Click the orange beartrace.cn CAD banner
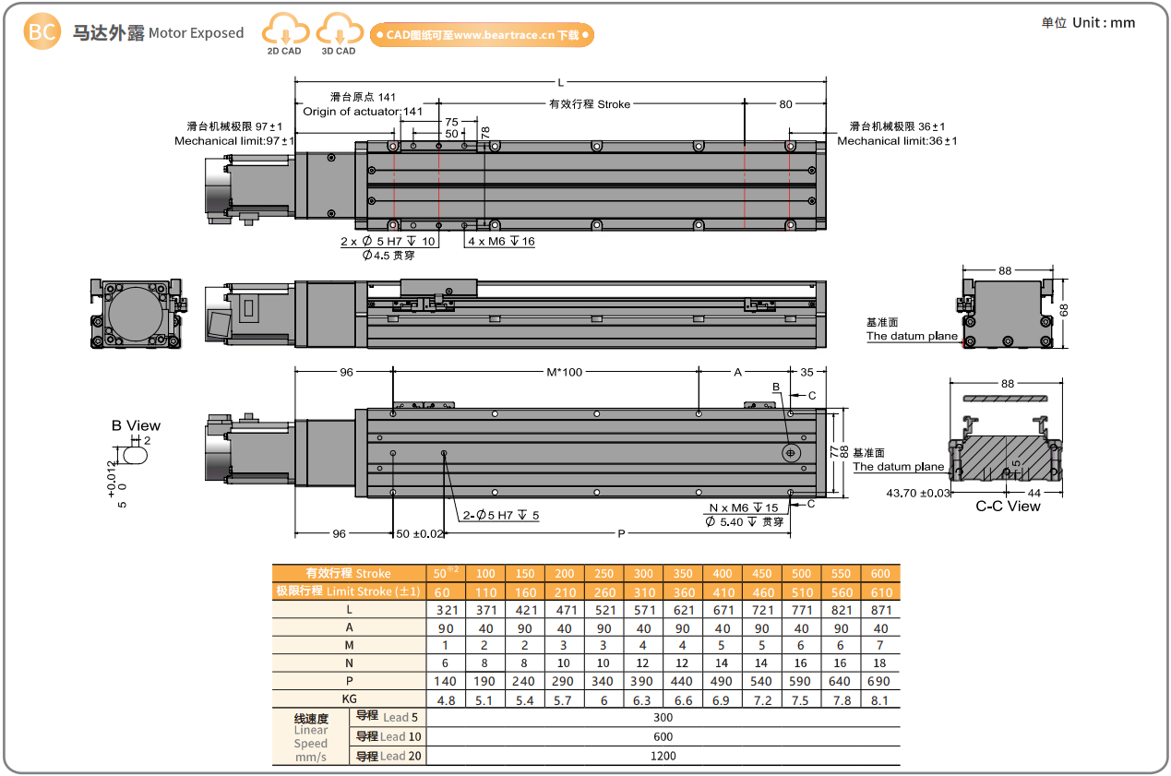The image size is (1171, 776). pos(481,35)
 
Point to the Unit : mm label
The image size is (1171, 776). pos(1088,23)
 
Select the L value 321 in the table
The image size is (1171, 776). pos(446,610)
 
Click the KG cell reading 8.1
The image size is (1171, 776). pos(880,699)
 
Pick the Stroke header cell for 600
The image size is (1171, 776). pos(880,573)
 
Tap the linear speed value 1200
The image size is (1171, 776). pos(663,755)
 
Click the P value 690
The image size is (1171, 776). pos(880,681)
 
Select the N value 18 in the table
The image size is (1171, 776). pos(880,663)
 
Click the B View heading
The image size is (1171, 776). pos(136,425)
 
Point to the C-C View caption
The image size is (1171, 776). pos(1008,506)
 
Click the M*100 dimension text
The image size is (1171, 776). pos(565,373)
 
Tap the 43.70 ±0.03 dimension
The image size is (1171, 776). pos(917,493)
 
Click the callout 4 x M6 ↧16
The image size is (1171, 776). pos(501,241)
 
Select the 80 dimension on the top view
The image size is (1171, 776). pos(785,104)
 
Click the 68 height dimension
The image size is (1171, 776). pos(1063,311)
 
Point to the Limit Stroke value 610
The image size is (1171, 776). pos(880,591)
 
